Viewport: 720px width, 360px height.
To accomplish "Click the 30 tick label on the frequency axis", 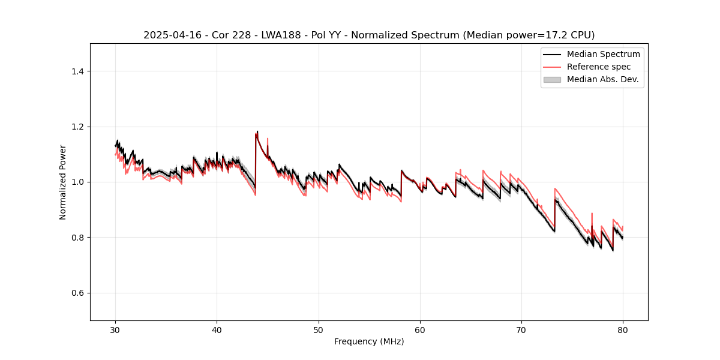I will [116, 329].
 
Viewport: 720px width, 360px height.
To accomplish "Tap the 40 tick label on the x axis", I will [217, 329].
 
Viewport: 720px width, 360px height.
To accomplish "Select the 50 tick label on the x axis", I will [319, 329].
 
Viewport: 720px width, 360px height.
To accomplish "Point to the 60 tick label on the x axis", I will [420, 329].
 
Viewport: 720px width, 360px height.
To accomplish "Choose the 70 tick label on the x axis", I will [521, 329].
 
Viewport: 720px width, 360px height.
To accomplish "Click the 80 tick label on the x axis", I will [623, 329].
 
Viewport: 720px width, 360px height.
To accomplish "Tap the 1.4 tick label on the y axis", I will [77, 71].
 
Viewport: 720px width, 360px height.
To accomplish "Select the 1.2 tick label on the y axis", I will [77, 127].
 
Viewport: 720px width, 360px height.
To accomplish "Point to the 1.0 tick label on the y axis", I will [77, 182].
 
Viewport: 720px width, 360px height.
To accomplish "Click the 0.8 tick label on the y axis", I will [77, 238].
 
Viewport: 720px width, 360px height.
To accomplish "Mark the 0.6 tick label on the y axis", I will [77, 293].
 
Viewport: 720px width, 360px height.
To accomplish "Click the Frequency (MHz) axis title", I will [369, 341].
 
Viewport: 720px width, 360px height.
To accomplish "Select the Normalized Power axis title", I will [63, 182].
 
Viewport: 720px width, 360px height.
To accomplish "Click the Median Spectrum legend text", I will [603, 54].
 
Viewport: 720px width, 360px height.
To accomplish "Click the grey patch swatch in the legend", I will [552, 79].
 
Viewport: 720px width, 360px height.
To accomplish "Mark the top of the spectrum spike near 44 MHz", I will [257, 131].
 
